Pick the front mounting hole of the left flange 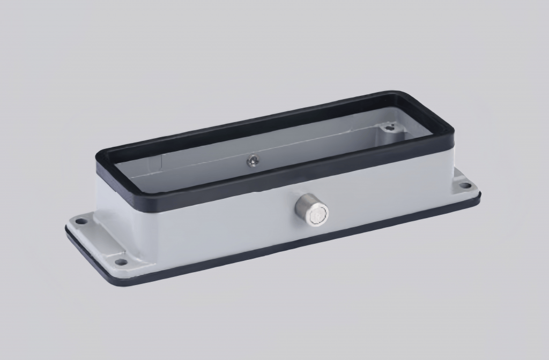click(122, 262)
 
